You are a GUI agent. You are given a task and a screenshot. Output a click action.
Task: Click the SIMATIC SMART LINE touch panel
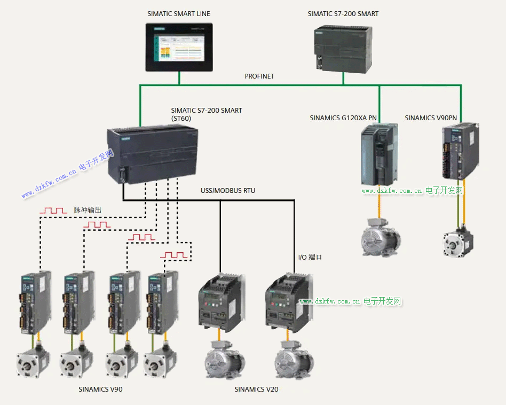click(x=179, y=47)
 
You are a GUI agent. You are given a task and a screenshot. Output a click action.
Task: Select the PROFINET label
click(x=259, y=76)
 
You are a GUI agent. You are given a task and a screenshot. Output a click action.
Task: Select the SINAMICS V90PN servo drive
click(x=458, y=153)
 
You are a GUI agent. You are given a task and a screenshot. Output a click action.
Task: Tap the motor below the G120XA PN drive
click(x=379, y=238)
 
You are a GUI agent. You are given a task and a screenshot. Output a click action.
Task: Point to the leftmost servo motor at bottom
click(x=32, y=364)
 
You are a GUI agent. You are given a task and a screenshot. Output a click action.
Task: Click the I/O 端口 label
click(x=310, y=258)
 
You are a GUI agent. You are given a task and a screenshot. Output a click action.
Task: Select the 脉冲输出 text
click(x=88, y=211)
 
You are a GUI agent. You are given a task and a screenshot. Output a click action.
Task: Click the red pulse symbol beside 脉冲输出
click(x=53, y=212)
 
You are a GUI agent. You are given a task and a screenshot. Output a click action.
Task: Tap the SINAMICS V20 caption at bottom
click(x=256, y=390)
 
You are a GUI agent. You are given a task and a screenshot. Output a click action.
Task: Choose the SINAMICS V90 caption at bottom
click(x=100, y=390)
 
